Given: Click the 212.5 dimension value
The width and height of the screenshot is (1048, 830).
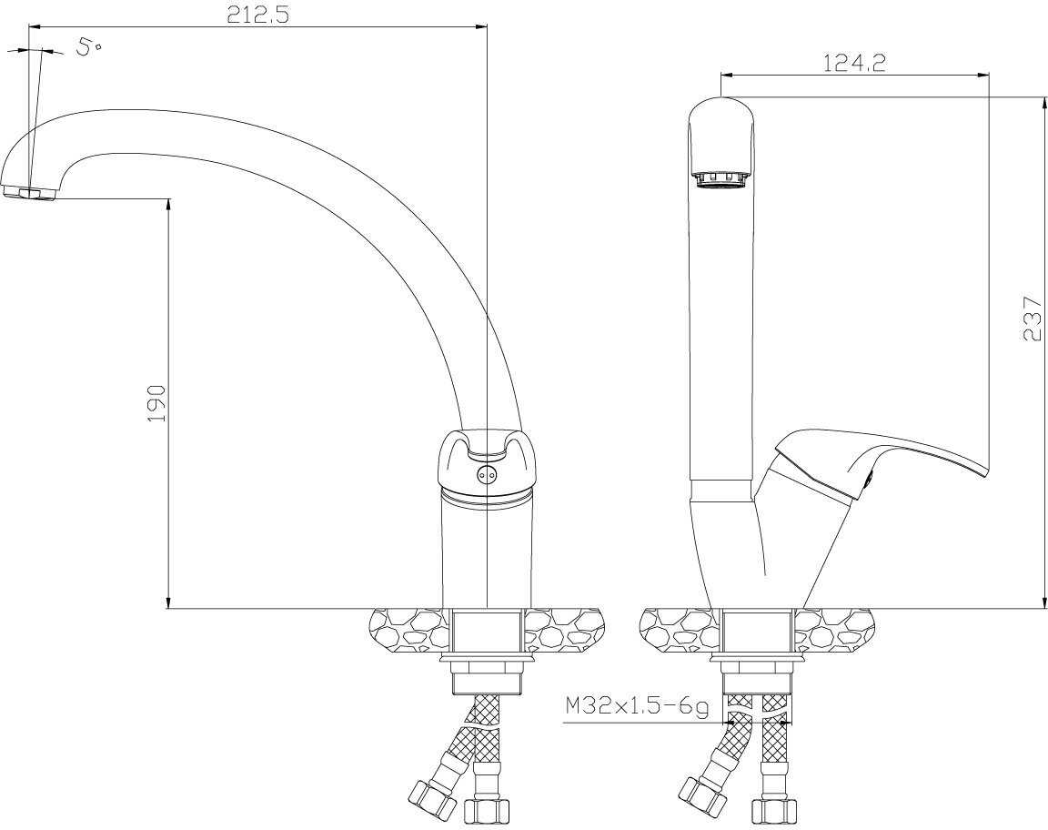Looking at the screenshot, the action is point(258,14).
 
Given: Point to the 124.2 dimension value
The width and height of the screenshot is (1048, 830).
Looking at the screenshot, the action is point(853,63).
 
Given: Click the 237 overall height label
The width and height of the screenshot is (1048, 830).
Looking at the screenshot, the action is point(1032,319).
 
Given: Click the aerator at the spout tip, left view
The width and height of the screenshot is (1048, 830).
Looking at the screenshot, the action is point(29,193).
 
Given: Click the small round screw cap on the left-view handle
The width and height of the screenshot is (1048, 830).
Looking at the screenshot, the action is point(488,474).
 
